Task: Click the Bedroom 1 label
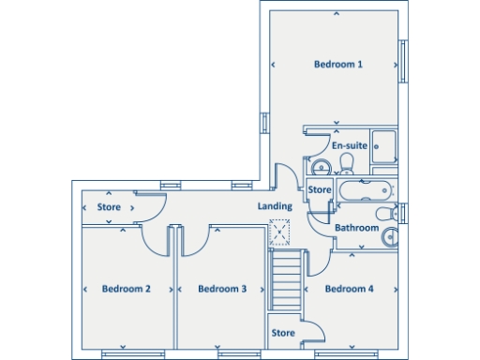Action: pos(337,64)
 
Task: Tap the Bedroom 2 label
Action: pos(127,289)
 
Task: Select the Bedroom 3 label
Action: pos(222,289)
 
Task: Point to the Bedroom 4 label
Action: pos(350,289)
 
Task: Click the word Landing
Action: pos(275,206)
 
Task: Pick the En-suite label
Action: pos(349,146)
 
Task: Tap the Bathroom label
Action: pos(357,228)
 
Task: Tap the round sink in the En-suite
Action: pos(320,167)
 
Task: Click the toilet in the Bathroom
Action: pos(392,237)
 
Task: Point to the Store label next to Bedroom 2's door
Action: pos(110,206)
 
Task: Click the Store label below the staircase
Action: pos(283,333)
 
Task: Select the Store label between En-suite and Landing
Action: pos(320,190)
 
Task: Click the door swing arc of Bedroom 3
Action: pos(193,246)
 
